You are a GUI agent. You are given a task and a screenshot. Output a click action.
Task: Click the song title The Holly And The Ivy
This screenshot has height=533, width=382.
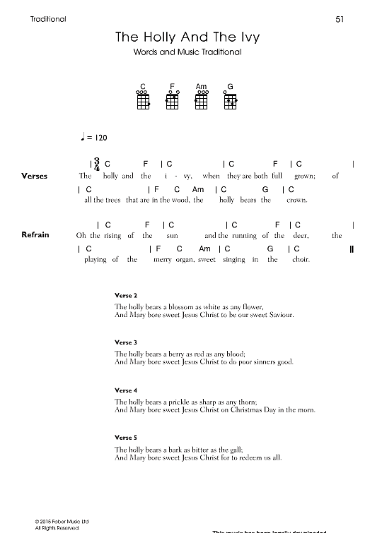(x=183, y=37)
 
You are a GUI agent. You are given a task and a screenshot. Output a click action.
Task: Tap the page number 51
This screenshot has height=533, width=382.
(x=339, y=19)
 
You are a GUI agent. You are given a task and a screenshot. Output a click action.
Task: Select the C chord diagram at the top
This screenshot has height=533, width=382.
(x=143, y=100)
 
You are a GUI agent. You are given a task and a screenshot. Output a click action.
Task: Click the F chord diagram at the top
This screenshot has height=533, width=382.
(x=172, y=100)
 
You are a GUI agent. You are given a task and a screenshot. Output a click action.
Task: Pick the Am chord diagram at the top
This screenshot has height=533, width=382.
(x=202, y=100)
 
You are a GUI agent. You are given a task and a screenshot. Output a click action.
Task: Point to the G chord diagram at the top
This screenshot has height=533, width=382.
(x=231, y=100)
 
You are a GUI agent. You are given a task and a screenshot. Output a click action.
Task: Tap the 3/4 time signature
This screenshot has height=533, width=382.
(x=96, y=165)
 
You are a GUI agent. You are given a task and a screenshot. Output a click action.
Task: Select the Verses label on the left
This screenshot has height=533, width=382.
(x=35, y=176)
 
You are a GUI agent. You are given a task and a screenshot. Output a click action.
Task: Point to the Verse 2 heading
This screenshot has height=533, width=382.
(x=125, y=294)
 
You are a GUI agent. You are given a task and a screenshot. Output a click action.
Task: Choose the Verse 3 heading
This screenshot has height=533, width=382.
(x=125, y=342)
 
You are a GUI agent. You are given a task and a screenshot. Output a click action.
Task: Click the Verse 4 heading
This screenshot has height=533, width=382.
(x=125, y=390)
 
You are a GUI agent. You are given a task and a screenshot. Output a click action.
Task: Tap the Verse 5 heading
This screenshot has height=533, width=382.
(x=125, y=438)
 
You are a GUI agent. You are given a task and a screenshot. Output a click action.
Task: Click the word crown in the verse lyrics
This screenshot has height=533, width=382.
(x=296, y=200)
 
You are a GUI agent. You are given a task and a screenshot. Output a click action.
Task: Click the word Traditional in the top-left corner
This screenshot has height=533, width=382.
(x=49, y=19)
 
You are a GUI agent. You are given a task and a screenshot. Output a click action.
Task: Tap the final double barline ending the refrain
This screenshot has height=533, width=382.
(x=352, y=249)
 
